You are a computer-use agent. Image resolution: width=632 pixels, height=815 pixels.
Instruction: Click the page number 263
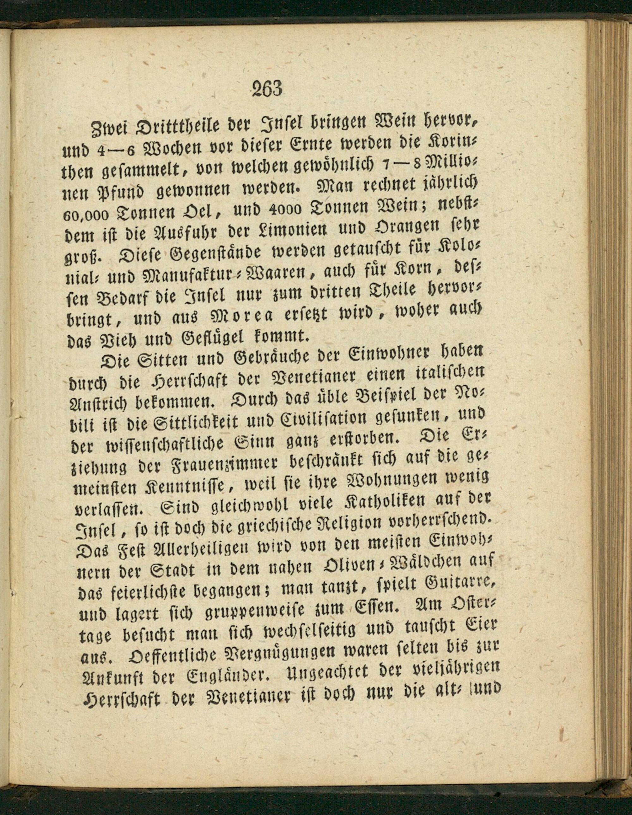[x=267, y=89]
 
